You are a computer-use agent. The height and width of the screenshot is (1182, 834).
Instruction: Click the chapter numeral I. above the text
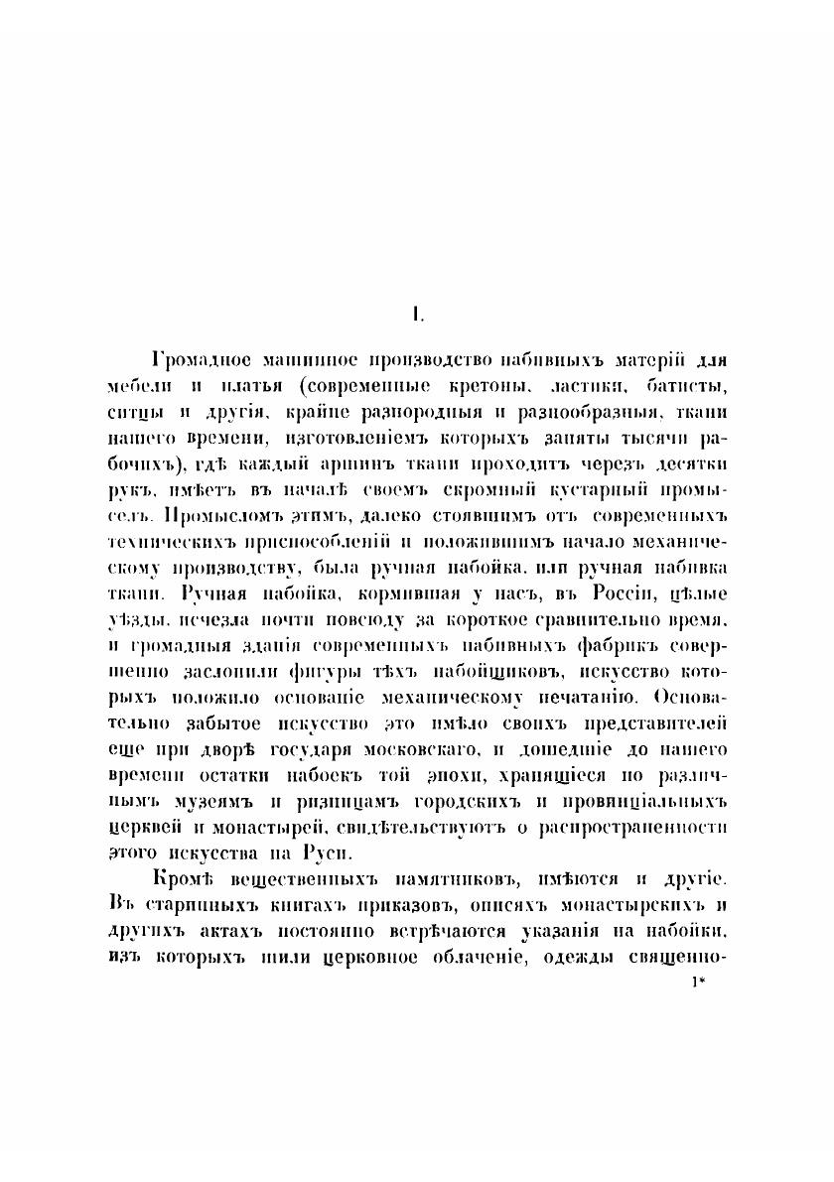[419, 316]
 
